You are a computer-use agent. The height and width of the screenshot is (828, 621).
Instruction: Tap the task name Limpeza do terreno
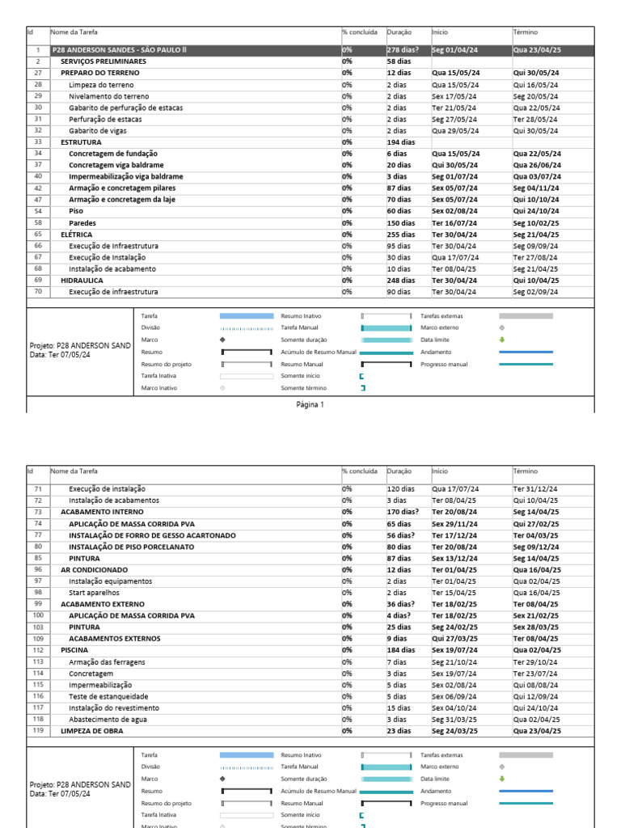101,85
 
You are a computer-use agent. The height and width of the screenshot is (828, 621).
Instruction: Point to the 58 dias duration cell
398,61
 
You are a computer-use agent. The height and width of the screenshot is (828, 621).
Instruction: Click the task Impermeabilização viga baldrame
125,176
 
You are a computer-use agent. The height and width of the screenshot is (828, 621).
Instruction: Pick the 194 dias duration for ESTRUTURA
400,142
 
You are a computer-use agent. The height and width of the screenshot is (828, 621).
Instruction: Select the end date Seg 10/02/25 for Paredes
536,222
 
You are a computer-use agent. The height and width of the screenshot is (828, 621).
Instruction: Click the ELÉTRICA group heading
77,234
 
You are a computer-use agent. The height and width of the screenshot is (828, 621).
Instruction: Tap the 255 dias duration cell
400,234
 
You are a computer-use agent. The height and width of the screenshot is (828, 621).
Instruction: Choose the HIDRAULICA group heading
82,281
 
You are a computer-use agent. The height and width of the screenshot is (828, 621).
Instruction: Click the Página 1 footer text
310,404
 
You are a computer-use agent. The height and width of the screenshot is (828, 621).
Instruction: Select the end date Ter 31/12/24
534,489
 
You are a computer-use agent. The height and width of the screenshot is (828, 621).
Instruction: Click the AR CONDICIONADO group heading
95,569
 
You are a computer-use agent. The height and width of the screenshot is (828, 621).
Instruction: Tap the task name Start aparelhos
95,593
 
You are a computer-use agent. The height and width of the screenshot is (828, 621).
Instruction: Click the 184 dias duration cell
400,650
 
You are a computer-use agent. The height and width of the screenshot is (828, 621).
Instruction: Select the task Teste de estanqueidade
108,696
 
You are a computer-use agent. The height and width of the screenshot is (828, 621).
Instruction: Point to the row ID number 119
37,730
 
